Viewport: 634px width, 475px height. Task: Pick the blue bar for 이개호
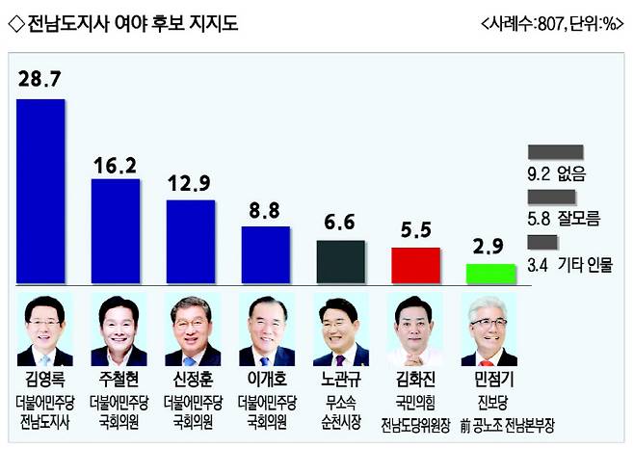(265, 254)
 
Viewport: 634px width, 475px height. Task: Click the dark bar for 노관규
(341, 261)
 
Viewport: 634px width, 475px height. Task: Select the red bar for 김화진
(415, 265)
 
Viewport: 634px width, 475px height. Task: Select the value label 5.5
(416, 228)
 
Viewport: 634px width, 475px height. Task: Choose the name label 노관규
(341, 380)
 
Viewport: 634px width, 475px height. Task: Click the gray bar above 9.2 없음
(556, 152)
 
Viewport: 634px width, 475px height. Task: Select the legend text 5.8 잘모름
(565, 219)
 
